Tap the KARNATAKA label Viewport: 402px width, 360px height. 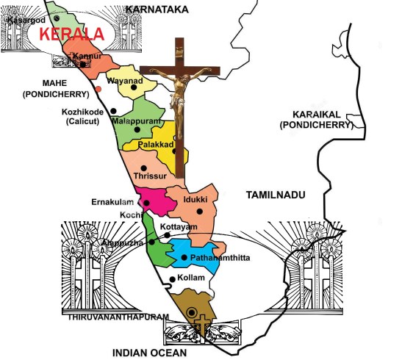coord(157,9)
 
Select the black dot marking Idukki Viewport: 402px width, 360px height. coord(199,212)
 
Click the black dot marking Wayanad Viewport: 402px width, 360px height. coord(134,87)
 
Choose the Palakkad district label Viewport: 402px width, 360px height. coord(156,146)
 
